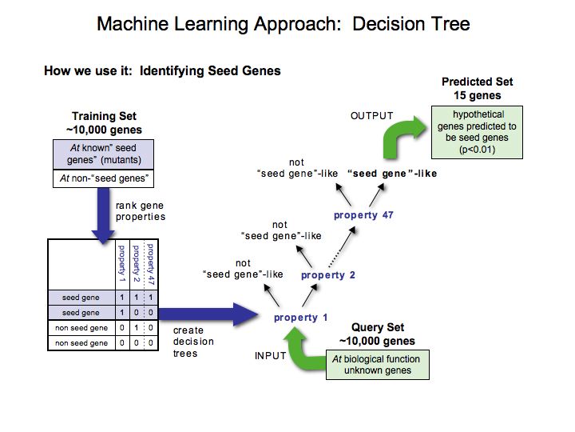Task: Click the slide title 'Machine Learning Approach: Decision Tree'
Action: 283,23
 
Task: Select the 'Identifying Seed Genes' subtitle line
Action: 162,71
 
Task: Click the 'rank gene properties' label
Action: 141,211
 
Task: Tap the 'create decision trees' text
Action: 188,341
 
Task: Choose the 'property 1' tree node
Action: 300,318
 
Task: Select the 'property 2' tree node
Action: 327,274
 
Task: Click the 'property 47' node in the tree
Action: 363,215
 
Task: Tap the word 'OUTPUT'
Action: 373,117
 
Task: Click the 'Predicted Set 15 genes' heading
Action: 477,88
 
